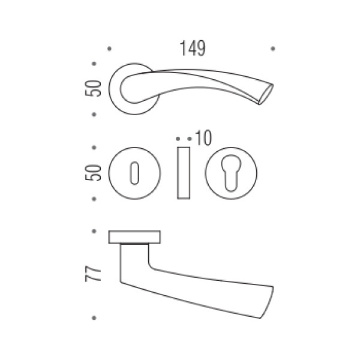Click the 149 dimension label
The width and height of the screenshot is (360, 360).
193,48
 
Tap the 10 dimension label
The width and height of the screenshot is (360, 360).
203,138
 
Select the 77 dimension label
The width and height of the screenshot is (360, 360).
93,274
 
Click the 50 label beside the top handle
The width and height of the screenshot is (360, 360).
93,88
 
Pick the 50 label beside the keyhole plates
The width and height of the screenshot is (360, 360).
93,173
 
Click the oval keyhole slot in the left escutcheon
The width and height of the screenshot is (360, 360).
134,173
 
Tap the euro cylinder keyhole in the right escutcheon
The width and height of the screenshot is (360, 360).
231,173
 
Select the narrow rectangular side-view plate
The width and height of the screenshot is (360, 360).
184,173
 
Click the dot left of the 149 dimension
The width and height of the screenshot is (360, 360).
110,49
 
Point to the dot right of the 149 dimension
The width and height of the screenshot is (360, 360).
273,49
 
